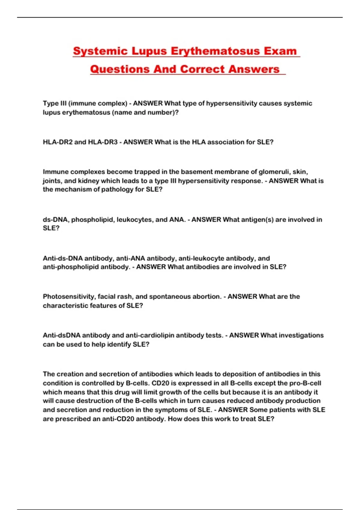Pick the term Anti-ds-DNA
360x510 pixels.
pyautogui.click(x=63, y=258)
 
